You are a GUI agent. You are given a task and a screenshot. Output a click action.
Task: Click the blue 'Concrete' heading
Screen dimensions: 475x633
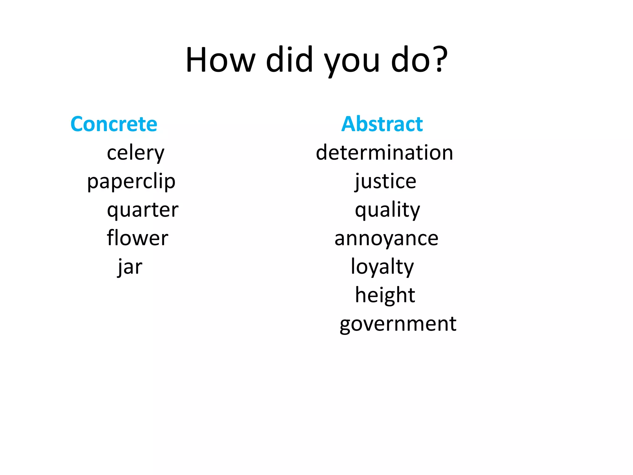pyautogui.click(x=114, y=124)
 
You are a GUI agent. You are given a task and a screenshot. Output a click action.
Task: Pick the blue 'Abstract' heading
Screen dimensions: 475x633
pyautogui.click(x=382, y=124)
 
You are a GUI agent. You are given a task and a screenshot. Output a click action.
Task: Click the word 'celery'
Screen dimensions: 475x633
pyautogui.click(x=136, y=153)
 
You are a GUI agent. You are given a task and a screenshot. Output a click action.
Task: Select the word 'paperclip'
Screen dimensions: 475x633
pyautogui.click(x=131, y=182)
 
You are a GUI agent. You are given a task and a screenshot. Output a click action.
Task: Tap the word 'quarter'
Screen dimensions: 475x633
pyautogui.click(x=143, y=210)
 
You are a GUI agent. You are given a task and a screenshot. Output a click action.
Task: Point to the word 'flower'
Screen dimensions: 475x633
pyautogui.click(x=138, y=238)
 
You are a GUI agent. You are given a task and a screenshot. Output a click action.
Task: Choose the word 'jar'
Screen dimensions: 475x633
pyautogui.click(x=130, y=267)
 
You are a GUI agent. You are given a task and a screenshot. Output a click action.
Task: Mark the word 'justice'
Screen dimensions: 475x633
pyautogui.click(x=385, y=182)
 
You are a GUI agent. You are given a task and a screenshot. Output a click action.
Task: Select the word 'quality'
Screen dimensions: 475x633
pyautogui.click(x=388, y=210)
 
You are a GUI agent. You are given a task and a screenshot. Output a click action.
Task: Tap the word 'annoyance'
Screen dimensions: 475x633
pyautogui.click(x=386, y=239)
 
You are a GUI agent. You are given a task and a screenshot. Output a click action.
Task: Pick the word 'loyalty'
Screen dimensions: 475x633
pyautogui.click(x=382, y=267)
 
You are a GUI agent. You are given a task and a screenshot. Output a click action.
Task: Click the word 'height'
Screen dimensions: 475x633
pyautogui.click(x=385, y=295)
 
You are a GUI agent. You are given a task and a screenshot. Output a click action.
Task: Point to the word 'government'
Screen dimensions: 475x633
pyautogui.click(x=398, y=324)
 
